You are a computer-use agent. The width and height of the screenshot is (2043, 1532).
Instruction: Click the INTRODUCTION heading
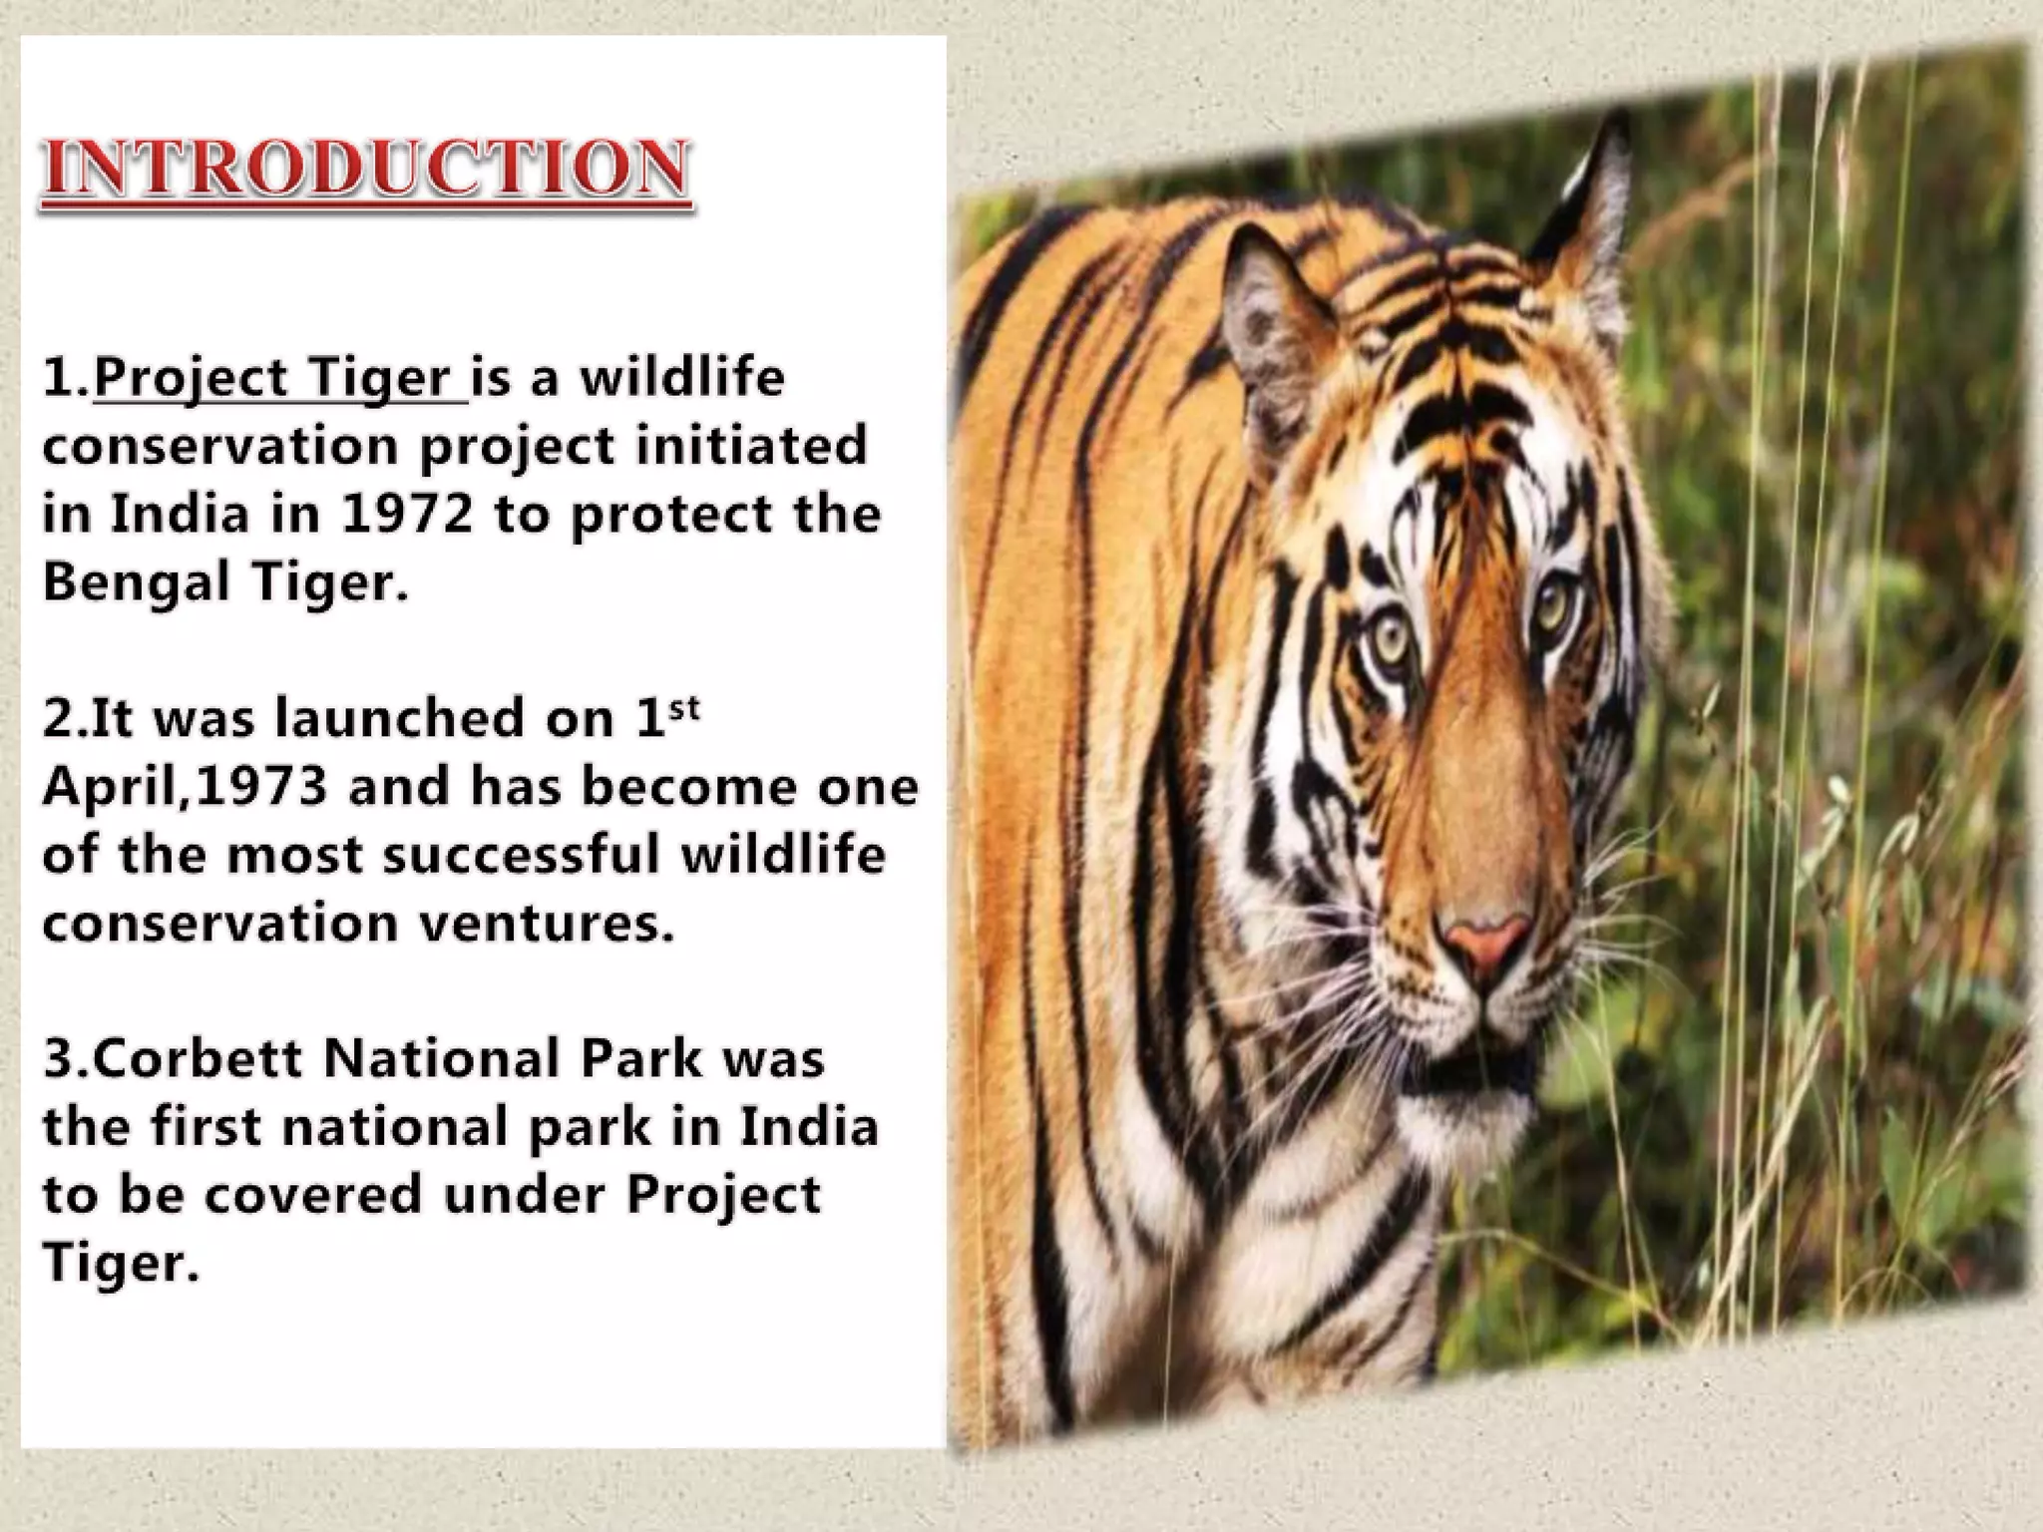tap(365, 169)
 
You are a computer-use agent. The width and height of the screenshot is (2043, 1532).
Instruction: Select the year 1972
tap(405, 515)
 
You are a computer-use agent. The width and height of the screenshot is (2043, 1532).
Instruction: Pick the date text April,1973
tap(186, 787)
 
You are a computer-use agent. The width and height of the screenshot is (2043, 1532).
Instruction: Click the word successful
tap(521, 855)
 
